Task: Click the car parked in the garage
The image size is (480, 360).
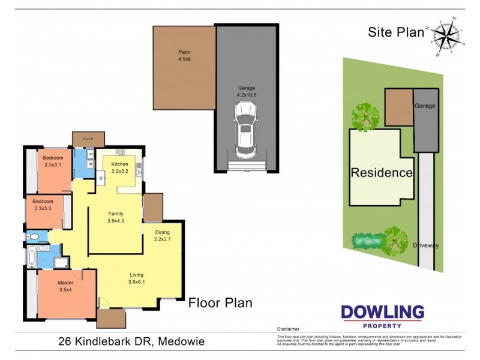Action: point(246,128)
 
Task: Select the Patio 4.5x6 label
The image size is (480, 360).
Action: point(184,56)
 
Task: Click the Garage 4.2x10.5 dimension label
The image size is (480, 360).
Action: point(247,91)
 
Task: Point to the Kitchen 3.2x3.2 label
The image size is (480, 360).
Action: point(120,167)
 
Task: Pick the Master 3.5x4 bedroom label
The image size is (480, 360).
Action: point(65,286)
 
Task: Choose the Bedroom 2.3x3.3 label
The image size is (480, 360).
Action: point(43,205)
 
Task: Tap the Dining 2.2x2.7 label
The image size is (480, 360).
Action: point(163,235)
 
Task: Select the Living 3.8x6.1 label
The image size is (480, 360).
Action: point(137,278)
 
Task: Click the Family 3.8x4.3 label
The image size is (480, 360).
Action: point(116,217)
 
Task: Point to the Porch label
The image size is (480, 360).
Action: point(88,139)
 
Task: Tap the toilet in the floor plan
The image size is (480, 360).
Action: point(34,237)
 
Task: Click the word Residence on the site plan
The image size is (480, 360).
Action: point(382,173)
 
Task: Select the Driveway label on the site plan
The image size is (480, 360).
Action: point(425,245)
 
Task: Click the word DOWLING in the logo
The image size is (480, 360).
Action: point(382,313)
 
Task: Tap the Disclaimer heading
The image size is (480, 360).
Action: point(288,329)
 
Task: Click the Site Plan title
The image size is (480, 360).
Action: point(395,32)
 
